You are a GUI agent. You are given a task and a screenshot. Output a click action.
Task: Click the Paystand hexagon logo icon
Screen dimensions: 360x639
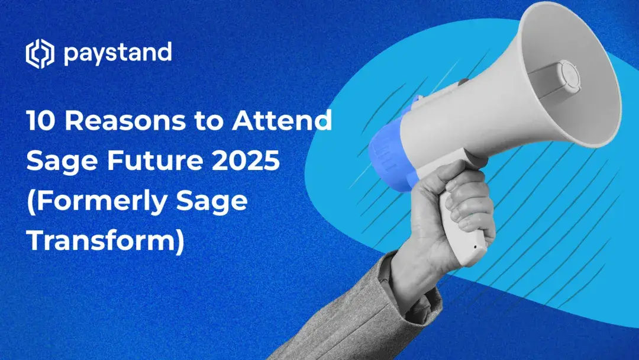tap(40, 54)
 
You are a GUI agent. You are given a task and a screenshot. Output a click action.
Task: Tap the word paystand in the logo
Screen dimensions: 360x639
tap(117, 54)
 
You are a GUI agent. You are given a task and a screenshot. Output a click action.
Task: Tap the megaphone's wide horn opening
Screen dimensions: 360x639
tap(568, 77)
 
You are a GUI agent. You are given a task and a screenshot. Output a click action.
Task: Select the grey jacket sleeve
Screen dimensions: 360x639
tap(379, 314)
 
